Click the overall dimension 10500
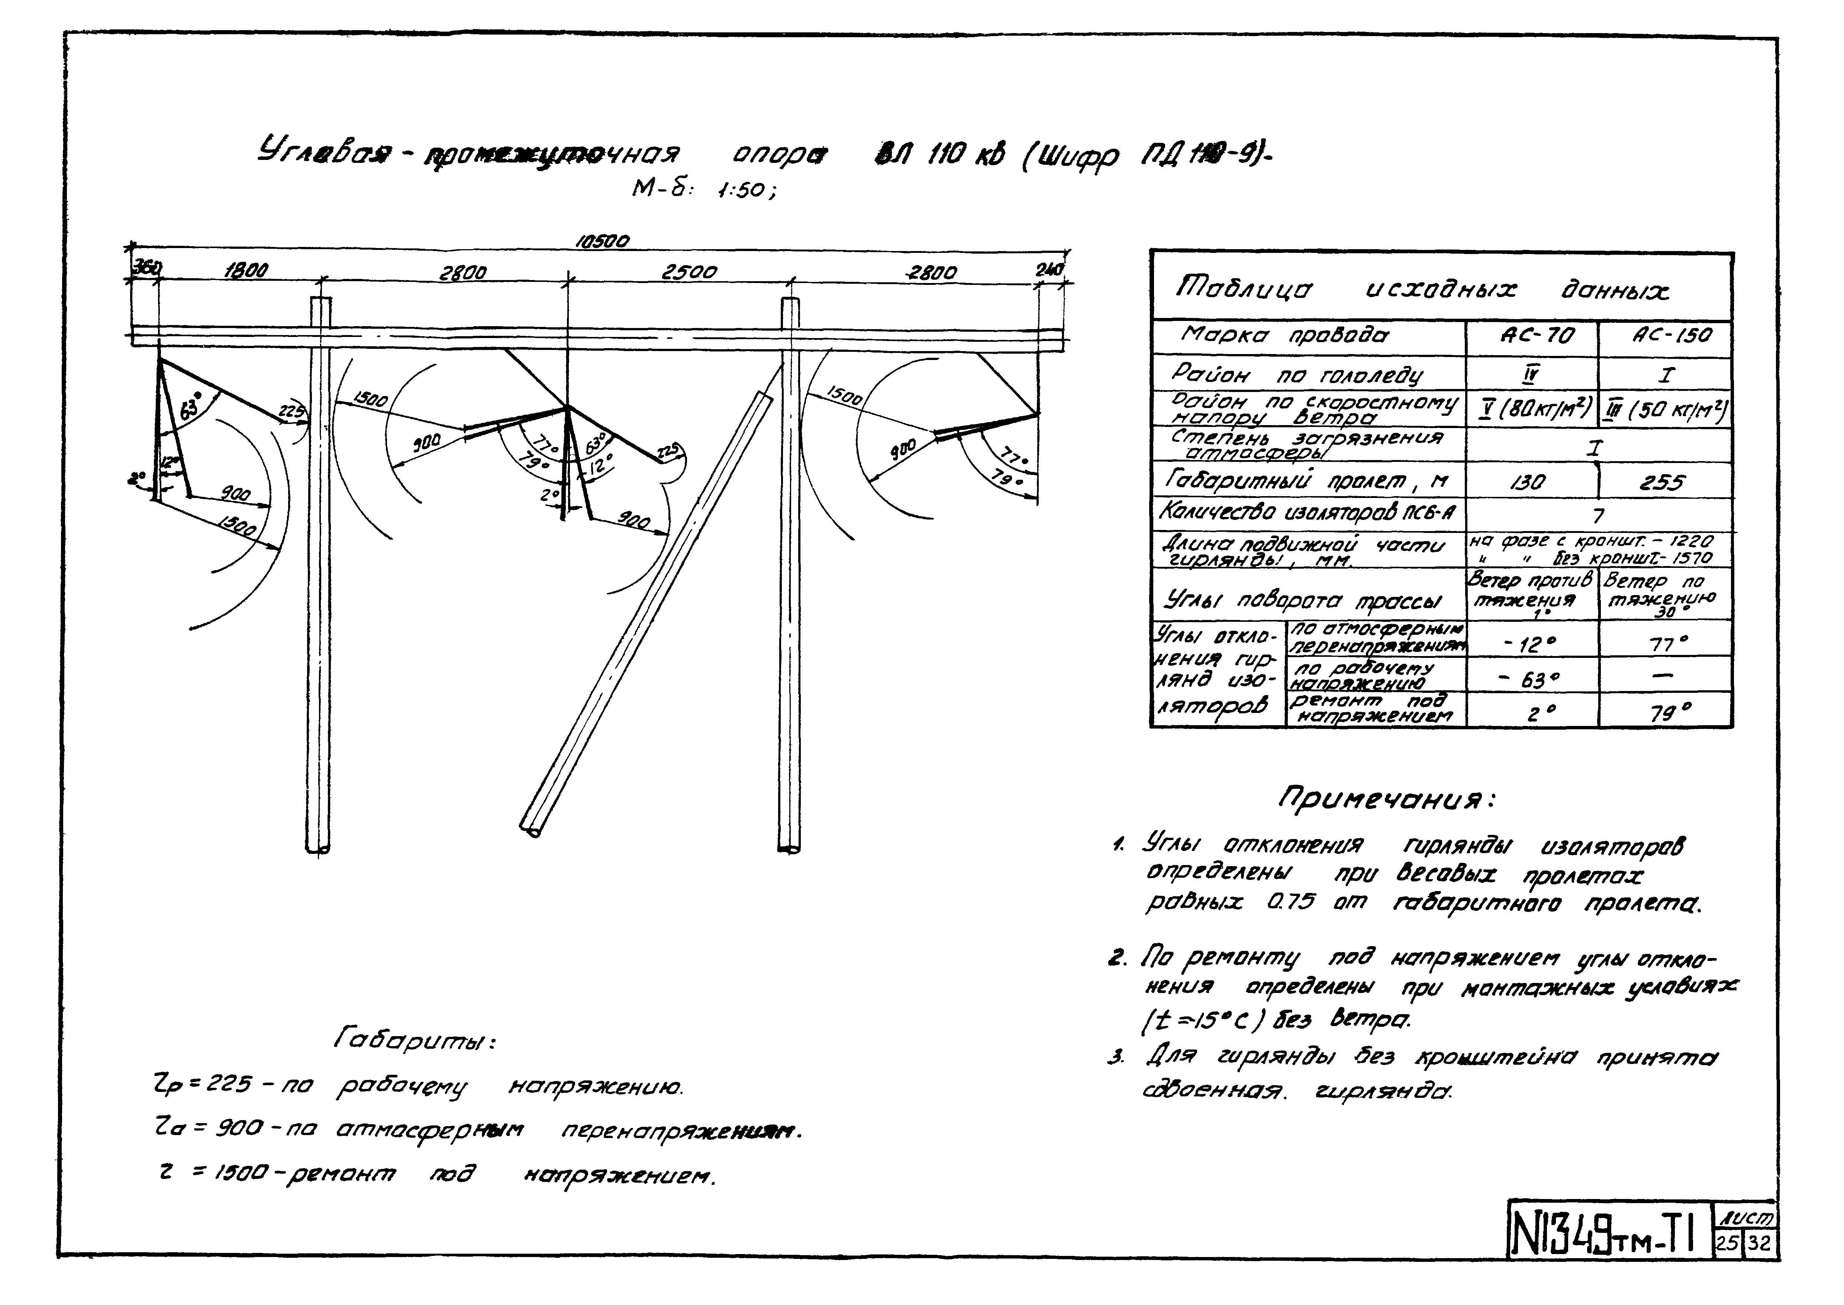(x=602, y=241)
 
